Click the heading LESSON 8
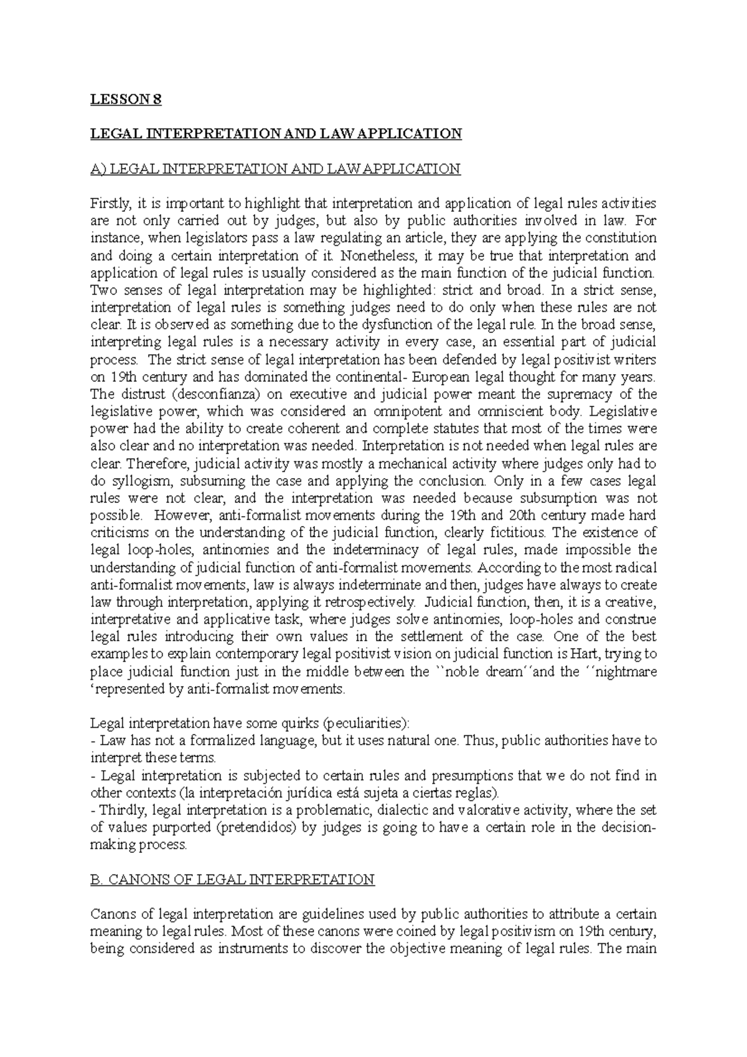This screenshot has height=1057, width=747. pyautogui.click(x=126, y=100)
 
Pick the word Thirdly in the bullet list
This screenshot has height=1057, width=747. pyautogui.click(x=122, y=810)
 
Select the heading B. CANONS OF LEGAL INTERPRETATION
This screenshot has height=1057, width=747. pyautogui.click(x=232, y=880)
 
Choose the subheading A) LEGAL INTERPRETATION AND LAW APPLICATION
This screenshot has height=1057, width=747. pyautogui.click(x=275, y=169)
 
